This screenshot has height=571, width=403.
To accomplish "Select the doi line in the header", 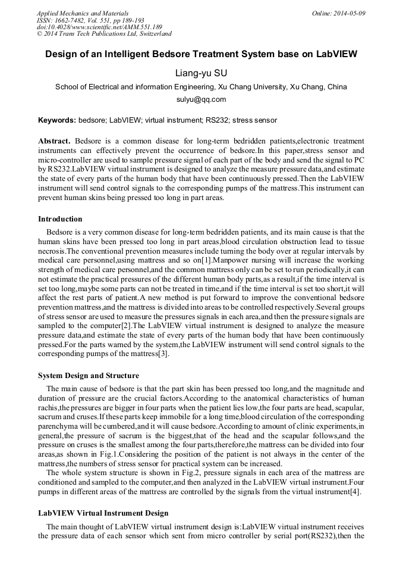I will pyautogui.click(x=99, y=27).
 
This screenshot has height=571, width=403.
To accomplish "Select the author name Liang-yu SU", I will pyautogui.click(x=201, y=73).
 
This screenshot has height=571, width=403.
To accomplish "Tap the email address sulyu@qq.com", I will pyautogui.click(x=201, y=99).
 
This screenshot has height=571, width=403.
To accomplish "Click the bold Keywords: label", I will pyautogui.click(x=57, y=120).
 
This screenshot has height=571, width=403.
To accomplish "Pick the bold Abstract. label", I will pyautogui.click(x=54, y=141).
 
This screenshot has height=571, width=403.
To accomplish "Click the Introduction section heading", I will pyautogui.click(x=60, y=219).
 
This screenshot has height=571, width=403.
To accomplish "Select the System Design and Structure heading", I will pyautogui.click(x=89, y=376).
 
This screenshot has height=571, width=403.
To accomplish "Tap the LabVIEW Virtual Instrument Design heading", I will pyautogui.click(x=103, y=513).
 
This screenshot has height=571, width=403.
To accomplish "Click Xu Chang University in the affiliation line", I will pyautogui.click(x=253, y=87).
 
